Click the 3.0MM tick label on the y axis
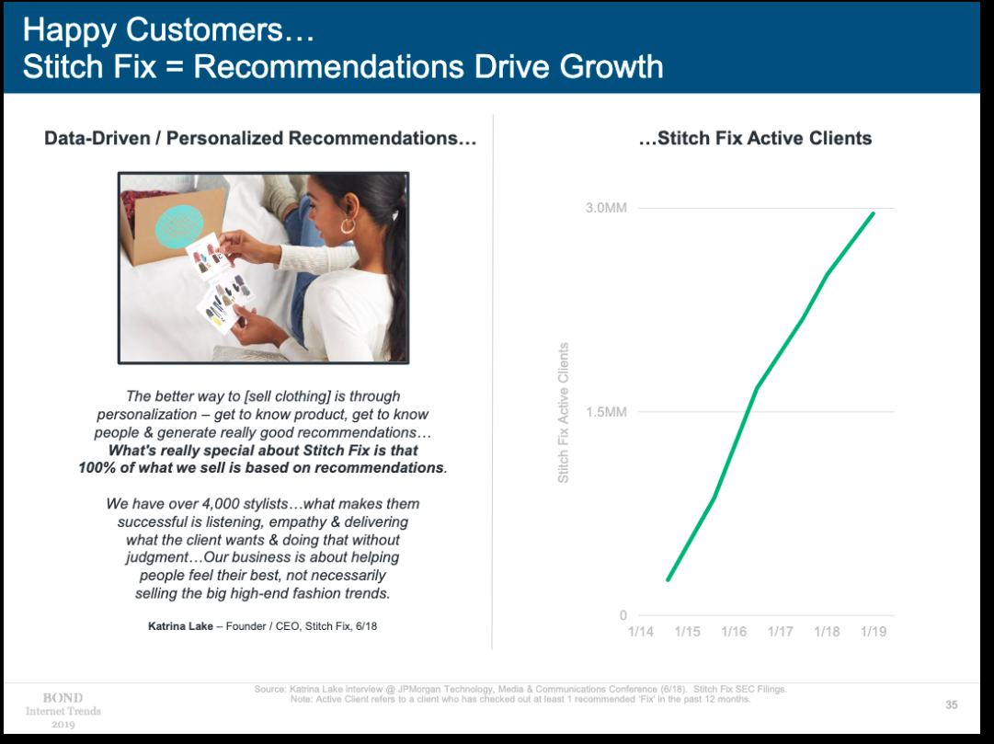(x=606, y=208)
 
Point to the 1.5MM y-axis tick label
(x=606, y=412)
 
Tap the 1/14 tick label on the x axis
(x=641, y=632)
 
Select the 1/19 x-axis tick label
(x=874, y=632)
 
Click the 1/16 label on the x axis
(x=734, y=632)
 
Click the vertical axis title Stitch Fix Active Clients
(x=563, y=413)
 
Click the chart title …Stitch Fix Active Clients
(x=755, y=138)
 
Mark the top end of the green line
(x=873, y=213)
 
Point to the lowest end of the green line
(x=668, y=579)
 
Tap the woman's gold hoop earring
(x=348, y=225)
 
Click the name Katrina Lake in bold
(x=180, y=626)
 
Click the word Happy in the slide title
(x=69, y=30)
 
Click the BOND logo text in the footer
(x=63, y=698)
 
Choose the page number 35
(x=952, y=704)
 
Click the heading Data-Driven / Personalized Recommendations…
(x=260, y=138)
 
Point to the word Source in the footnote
(x=269, y=689)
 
